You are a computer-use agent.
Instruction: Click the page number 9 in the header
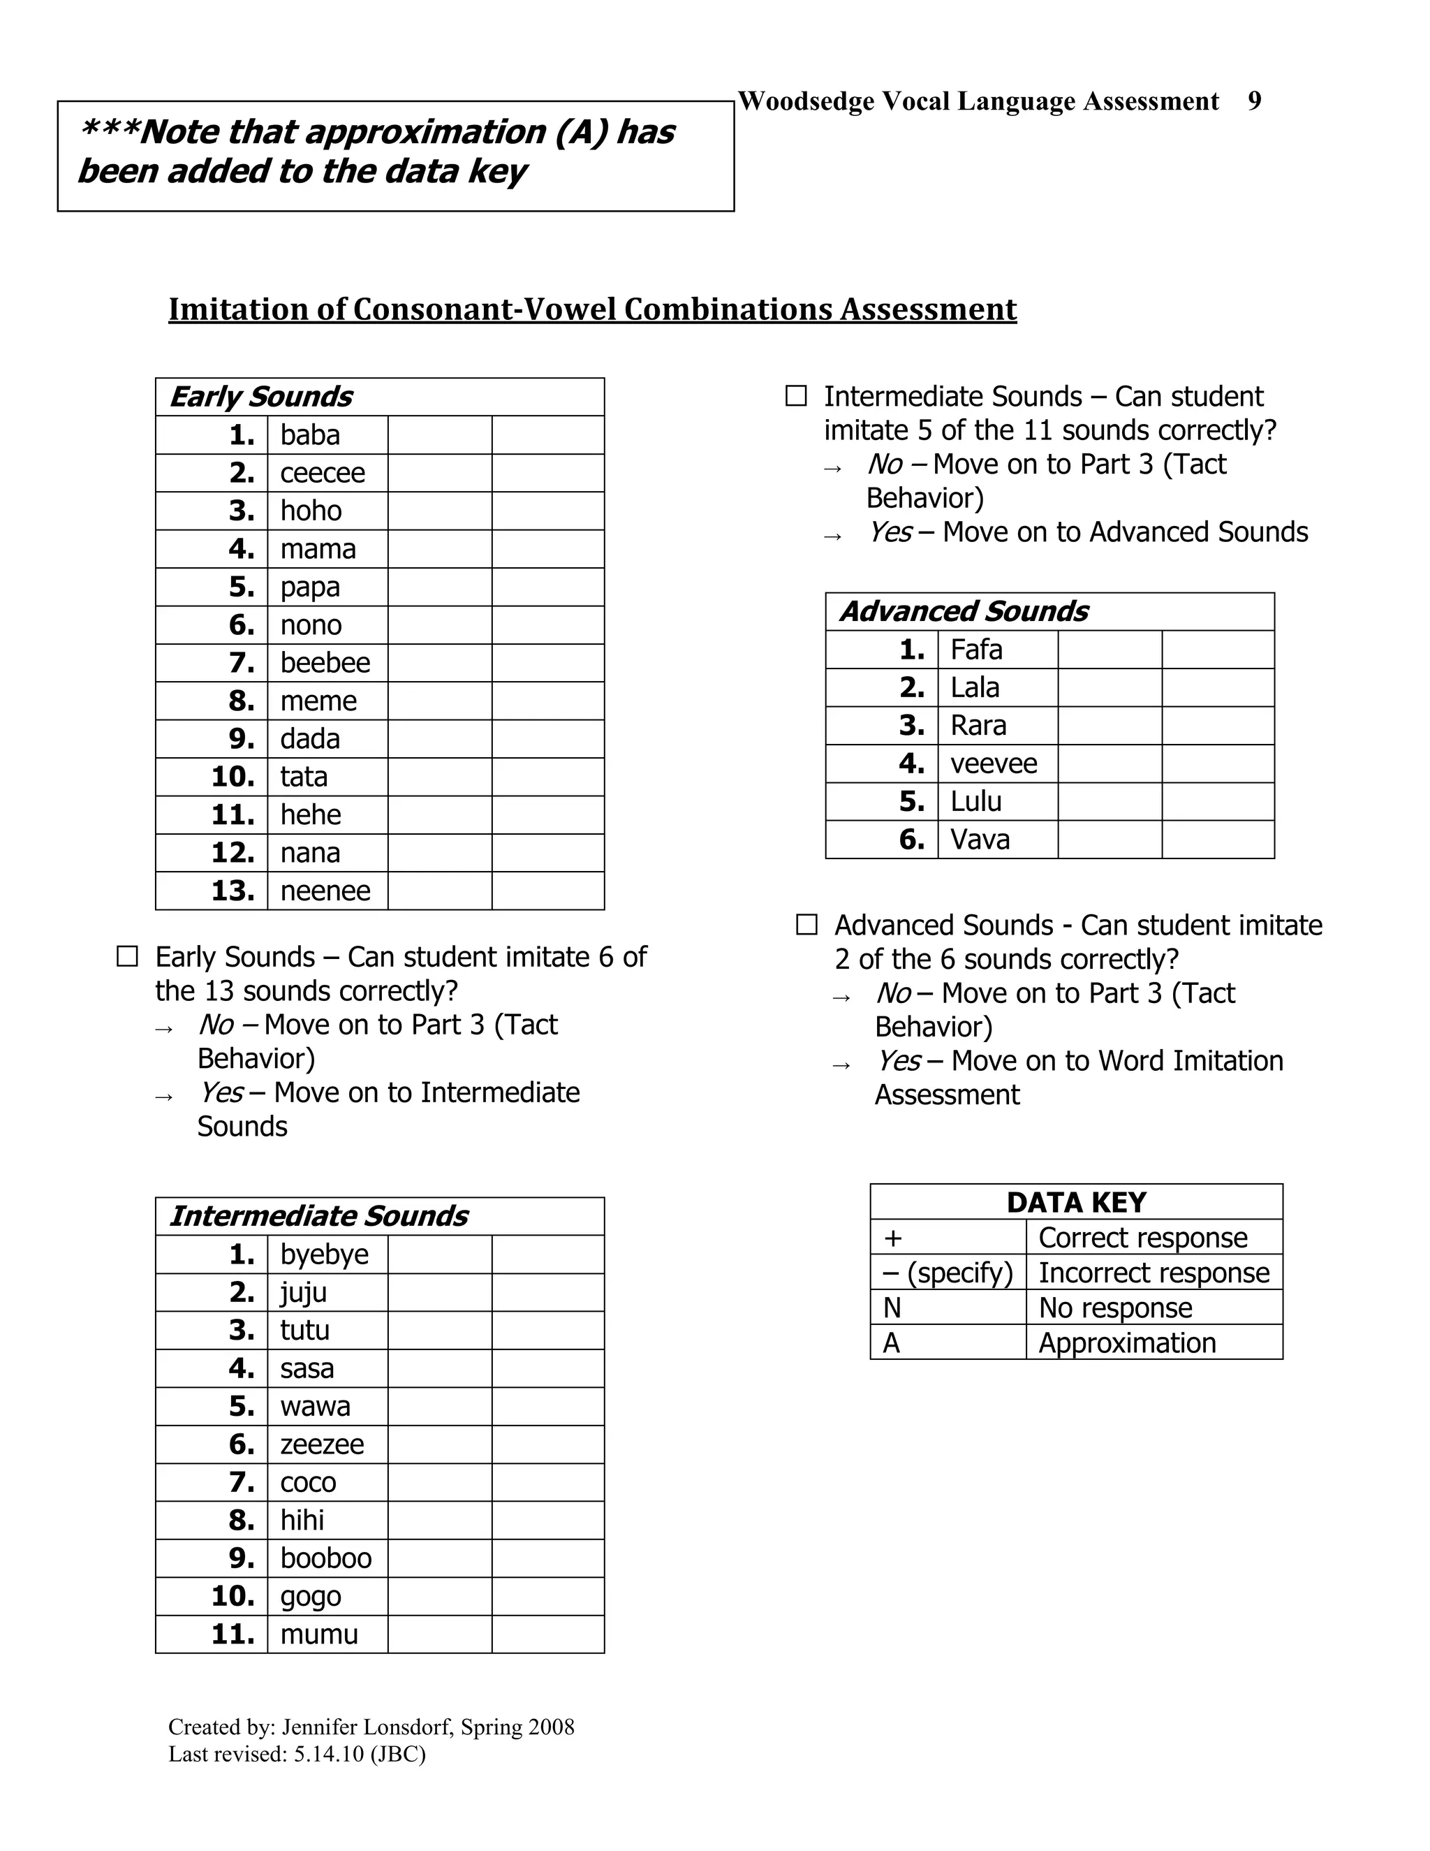1254,101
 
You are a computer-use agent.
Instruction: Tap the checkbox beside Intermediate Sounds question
795,396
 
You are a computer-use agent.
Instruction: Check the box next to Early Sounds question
127,957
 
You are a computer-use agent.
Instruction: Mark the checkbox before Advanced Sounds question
806,925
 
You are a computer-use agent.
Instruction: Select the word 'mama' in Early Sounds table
318,549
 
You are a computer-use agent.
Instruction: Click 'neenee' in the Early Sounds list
325,891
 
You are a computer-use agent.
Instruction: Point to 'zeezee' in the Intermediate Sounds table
322,1444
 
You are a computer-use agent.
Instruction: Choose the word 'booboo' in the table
325,1558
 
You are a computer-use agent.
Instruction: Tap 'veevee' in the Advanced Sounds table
993,763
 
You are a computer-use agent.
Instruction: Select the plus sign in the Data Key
892,1238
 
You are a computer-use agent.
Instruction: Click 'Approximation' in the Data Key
1127,1343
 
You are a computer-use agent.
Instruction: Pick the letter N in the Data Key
891,1308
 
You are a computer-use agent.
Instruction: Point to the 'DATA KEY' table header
1076,1203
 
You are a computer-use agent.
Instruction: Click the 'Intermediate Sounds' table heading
318,1216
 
